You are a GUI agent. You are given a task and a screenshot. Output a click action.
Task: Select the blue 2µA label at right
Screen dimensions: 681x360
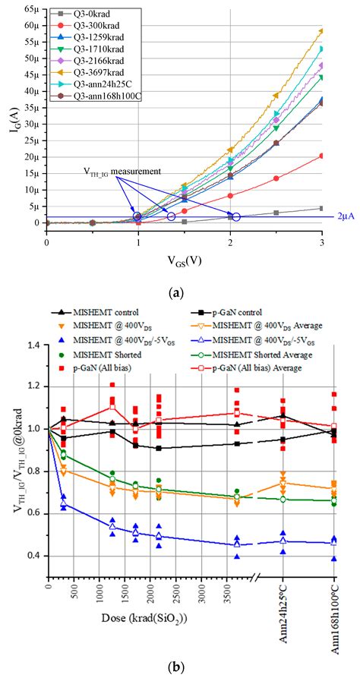point(343,216)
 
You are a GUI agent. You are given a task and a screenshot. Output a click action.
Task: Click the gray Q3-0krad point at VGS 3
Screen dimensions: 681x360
point(322,208)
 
